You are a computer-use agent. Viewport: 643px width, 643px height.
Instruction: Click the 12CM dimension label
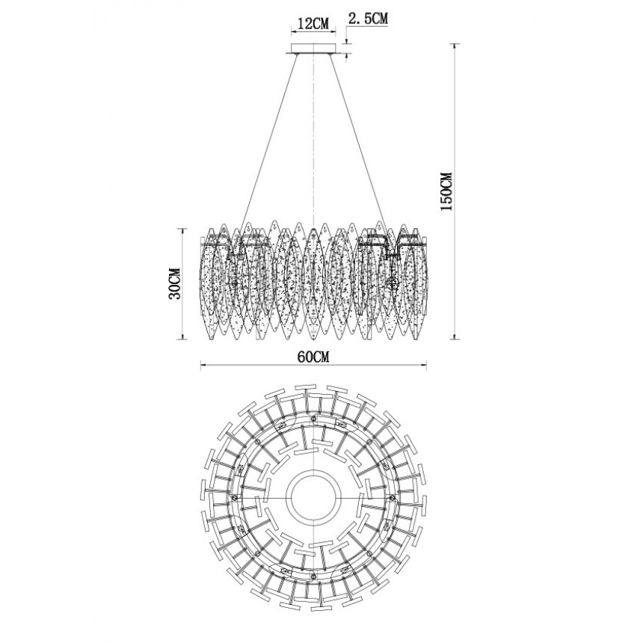pos(313,24)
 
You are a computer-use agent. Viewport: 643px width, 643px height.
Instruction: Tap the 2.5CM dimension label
pos(368,19)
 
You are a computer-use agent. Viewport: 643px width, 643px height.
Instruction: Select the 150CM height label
pos(446,191)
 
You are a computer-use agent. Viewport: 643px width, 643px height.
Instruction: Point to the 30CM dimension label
pos(175,284)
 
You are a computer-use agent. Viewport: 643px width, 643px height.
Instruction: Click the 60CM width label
pos(313,357)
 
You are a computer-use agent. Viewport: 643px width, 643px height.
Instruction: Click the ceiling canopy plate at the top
pos(313,49)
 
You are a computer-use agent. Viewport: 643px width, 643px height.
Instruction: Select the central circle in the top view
pos(313,497)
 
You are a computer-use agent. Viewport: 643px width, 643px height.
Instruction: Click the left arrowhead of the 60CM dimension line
pos(203,366)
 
